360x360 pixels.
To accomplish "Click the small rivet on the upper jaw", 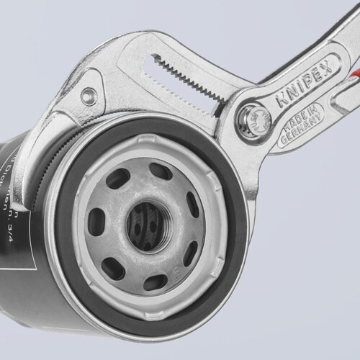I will [x=88, y=94].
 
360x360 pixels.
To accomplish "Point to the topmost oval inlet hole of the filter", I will [x=161, y=171].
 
